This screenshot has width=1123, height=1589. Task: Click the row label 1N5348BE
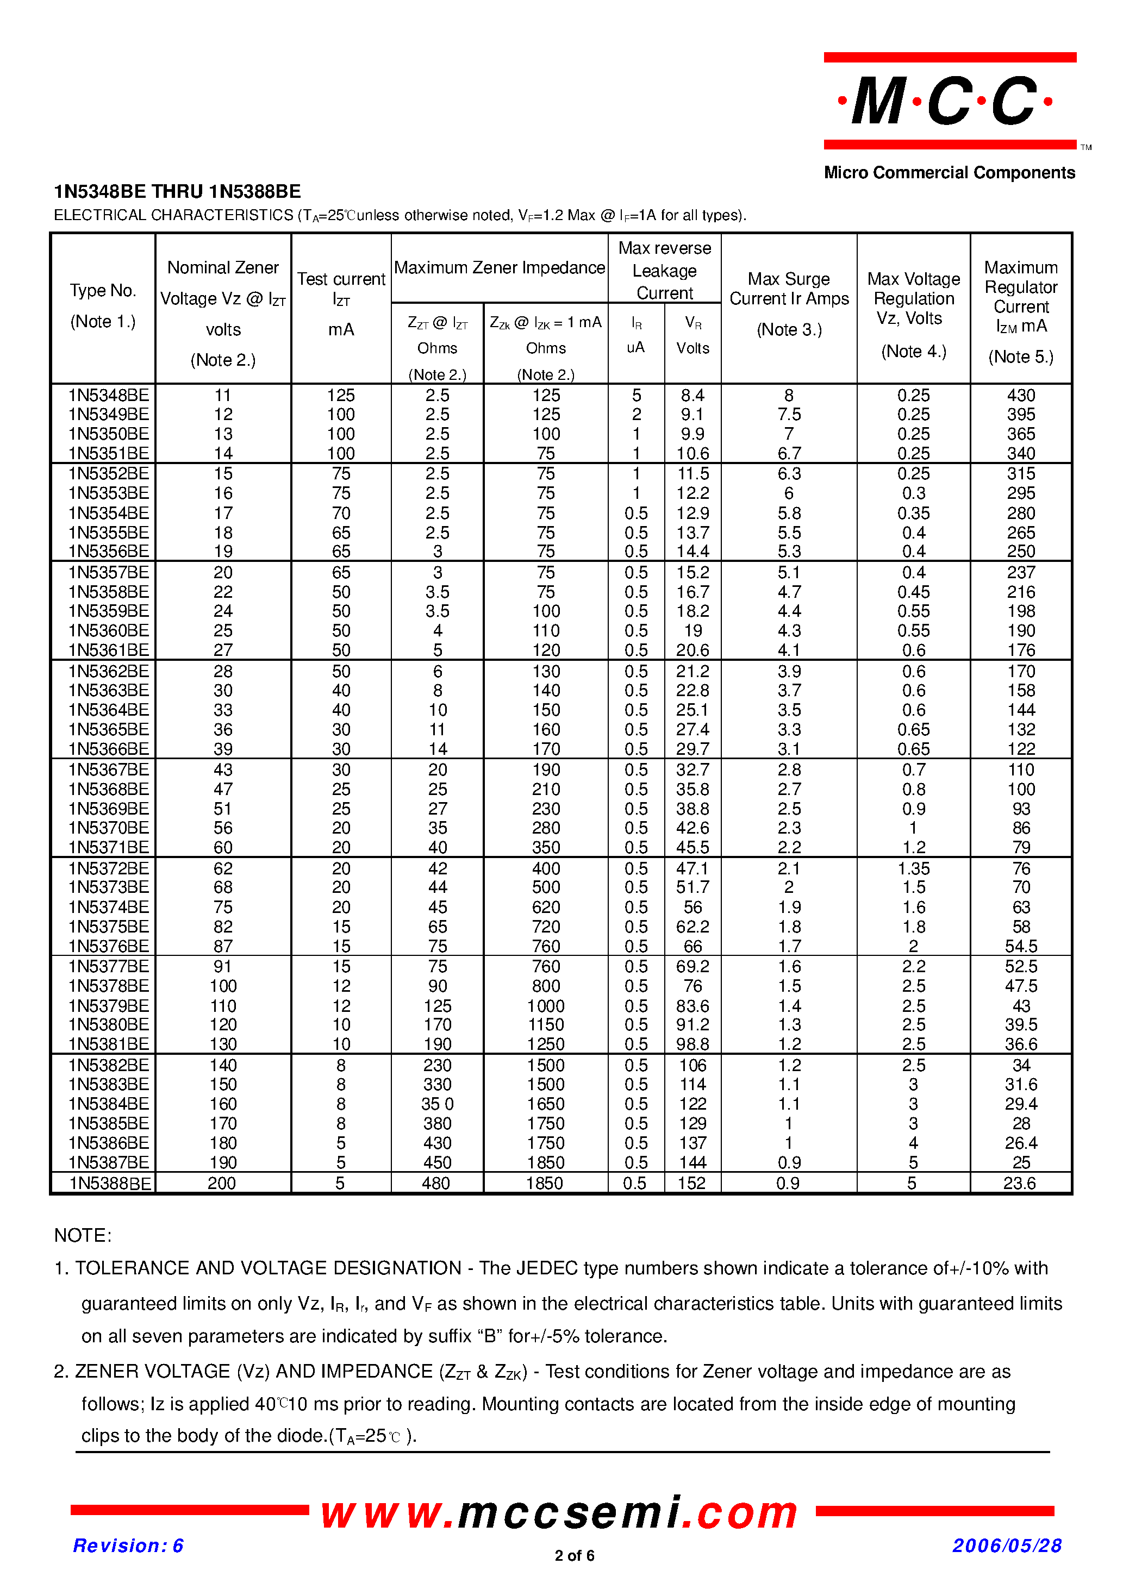(x=108, y=395)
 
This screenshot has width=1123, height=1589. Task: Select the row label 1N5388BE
(x=109, y=1184)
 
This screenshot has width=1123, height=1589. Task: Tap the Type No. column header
(x=103, y=291)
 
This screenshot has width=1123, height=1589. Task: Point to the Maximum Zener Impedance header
(x=499, y=268)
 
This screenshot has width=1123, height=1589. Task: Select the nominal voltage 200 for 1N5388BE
(x=222, y=1184)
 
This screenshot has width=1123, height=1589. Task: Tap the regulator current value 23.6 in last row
(x=1019, y=1184)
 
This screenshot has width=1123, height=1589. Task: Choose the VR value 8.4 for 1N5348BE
(x=692, y=395)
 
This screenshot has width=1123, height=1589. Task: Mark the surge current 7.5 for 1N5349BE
(x=789, y=415)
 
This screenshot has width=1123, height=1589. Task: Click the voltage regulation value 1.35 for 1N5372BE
(x=913, y=868)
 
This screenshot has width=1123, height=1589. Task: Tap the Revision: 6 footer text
(x=128, y=1546)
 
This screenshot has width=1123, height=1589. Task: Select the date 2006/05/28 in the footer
(x=1007, y=1546)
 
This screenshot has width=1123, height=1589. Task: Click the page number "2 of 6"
(x=574, y=1556)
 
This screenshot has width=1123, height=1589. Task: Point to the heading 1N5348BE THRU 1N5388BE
(x=177, y=192)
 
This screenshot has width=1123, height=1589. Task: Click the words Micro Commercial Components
(x=949, y=173)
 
